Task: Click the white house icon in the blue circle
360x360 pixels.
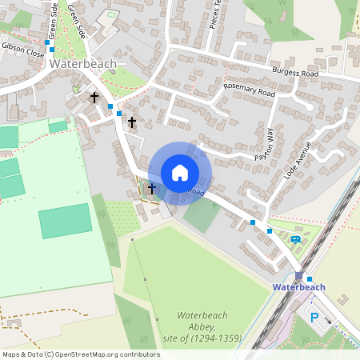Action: click(x=180, y=172)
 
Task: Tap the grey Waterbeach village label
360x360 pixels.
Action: click(x=82, y=63)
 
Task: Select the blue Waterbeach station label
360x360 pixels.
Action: click(x=298, y=287)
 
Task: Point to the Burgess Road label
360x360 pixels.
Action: click(x=294, y=74)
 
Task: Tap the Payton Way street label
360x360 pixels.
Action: click(x=264, y=145)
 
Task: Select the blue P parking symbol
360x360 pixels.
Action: click(x=314, y=318)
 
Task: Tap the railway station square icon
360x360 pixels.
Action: click(x=298, y=275)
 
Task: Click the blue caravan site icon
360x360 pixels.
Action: click(x=296, y=238)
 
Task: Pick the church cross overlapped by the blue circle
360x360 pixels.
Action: click(x=150, y=189)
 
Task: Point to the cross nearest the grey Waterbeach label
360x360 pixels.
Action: click(x=94, y=98)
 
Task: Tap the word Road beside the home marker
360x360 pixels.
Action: click(x=197, y=193)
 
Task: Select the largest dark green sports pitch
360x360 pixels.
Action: click(x=66, y=221)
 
